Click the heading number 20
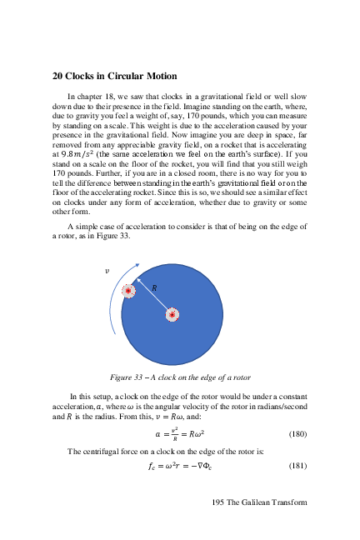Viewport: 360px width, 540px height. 58,76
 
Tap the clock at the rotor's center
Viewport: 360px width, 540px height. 172,314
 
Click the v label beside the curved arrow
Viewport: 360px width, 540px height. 106,272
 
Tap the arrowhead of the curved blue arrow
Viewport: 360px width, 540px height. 136,267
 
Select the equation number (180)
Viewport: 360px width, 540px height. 297,434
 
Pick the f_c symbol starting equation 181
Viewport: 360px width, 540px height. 152,467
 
